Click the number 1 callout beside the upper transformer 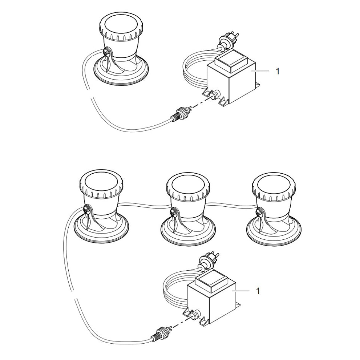278,72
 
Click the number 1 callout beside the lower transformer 258,291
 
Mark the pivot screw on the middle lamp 174,213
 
